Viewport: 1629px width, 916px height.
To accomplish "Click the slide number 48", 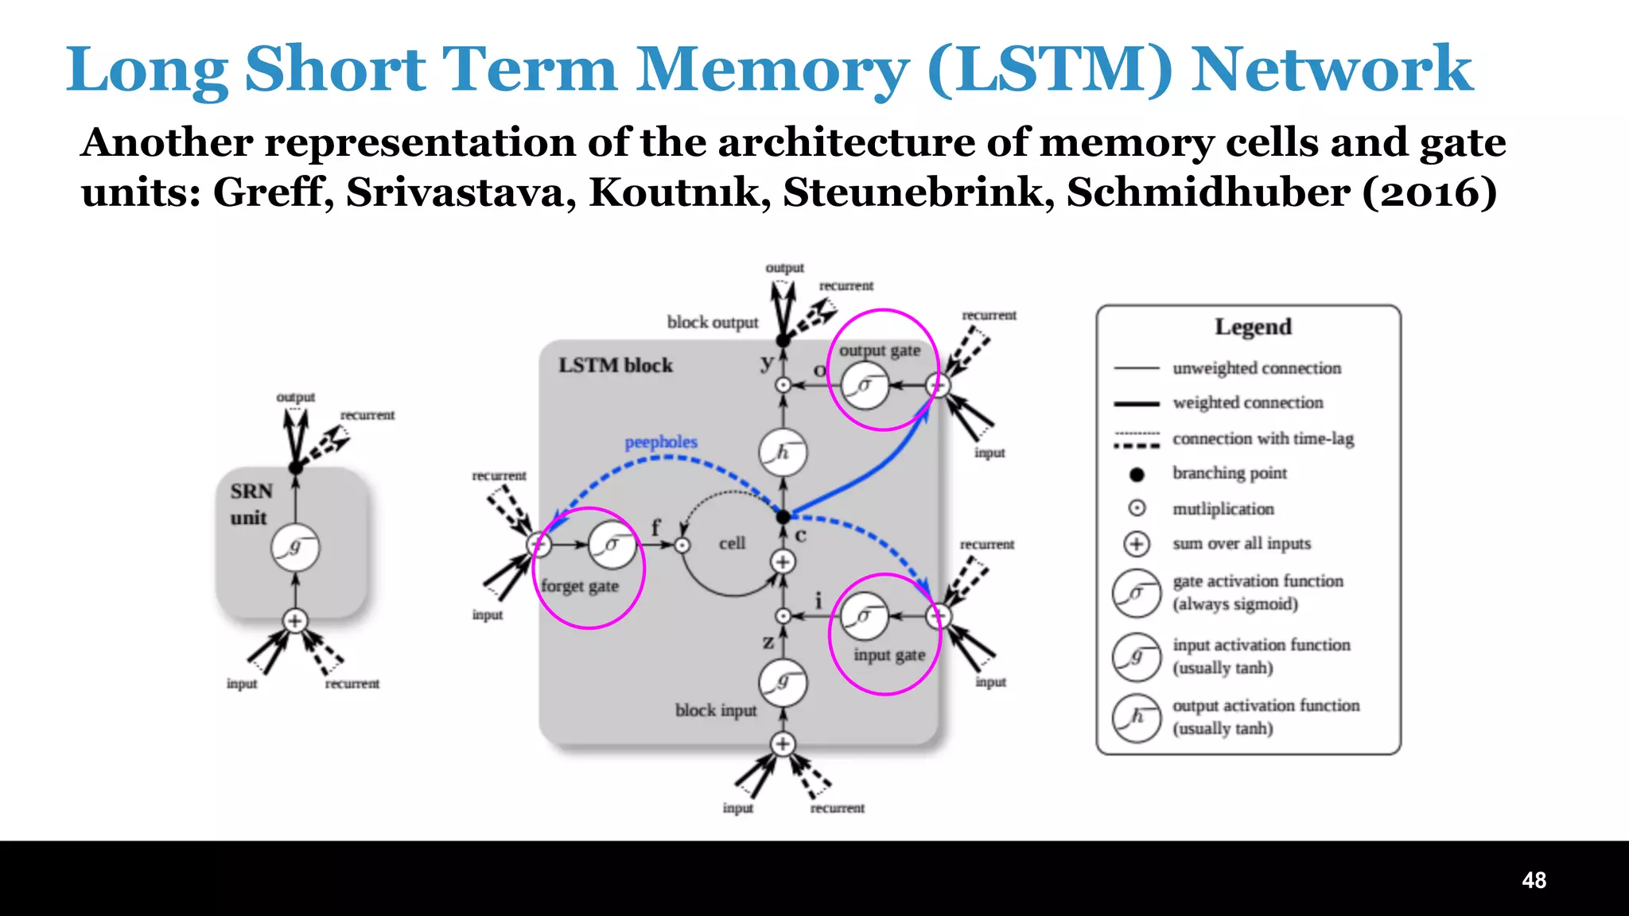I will [1534, 880].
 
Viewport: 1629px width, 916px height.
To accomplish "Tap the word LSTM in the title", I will [1050, 70].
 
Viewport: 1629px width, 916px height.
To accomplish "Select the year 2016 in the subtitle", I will [1429, 192].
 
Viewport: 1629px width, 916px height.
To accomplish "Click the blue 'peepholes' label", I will [660, 442].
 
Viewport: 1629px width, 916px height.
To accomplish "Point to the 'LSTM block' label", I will [615, 365].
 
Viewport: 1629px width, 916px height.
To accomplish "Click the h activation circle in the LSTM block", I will [783, 452].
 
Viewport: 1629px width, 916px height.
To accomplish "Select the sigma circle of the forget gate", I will [612, 545].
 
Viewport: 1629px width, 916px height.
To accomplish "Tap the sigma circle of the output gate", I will [865, 386].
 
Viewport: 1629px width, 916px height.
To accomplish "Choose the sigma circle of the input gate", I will [864, 616].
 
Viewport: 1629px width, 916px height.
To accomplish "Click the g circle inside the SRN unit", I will [295, 547].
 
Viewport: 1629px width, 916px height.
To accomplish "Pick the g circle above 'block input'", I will [783, 682].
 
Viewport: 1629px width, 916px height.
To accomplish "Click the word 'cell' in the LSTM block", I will [732, 544].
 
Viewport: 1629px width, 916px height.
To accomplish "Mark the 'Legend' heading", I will [1253, 327].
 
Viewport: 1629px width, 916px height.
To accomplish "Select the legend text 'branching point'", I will [1229, 473].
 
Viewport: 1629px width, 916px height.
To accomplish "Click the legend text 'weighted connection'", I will [1247, 403].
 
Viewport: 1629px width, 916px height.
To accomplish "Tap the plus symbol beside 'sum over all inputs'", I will [1137, 544].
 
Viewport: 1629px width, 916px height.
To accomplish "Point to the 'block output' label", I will [713, 322].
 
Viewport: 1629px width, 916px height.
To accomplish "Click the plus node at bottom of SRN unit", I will [295, 621].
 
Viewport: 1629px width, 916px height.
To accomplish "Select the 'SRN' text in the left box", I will [251, 491].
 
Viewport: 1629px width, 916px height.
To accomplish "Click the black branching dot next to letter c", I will [783, 517].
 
